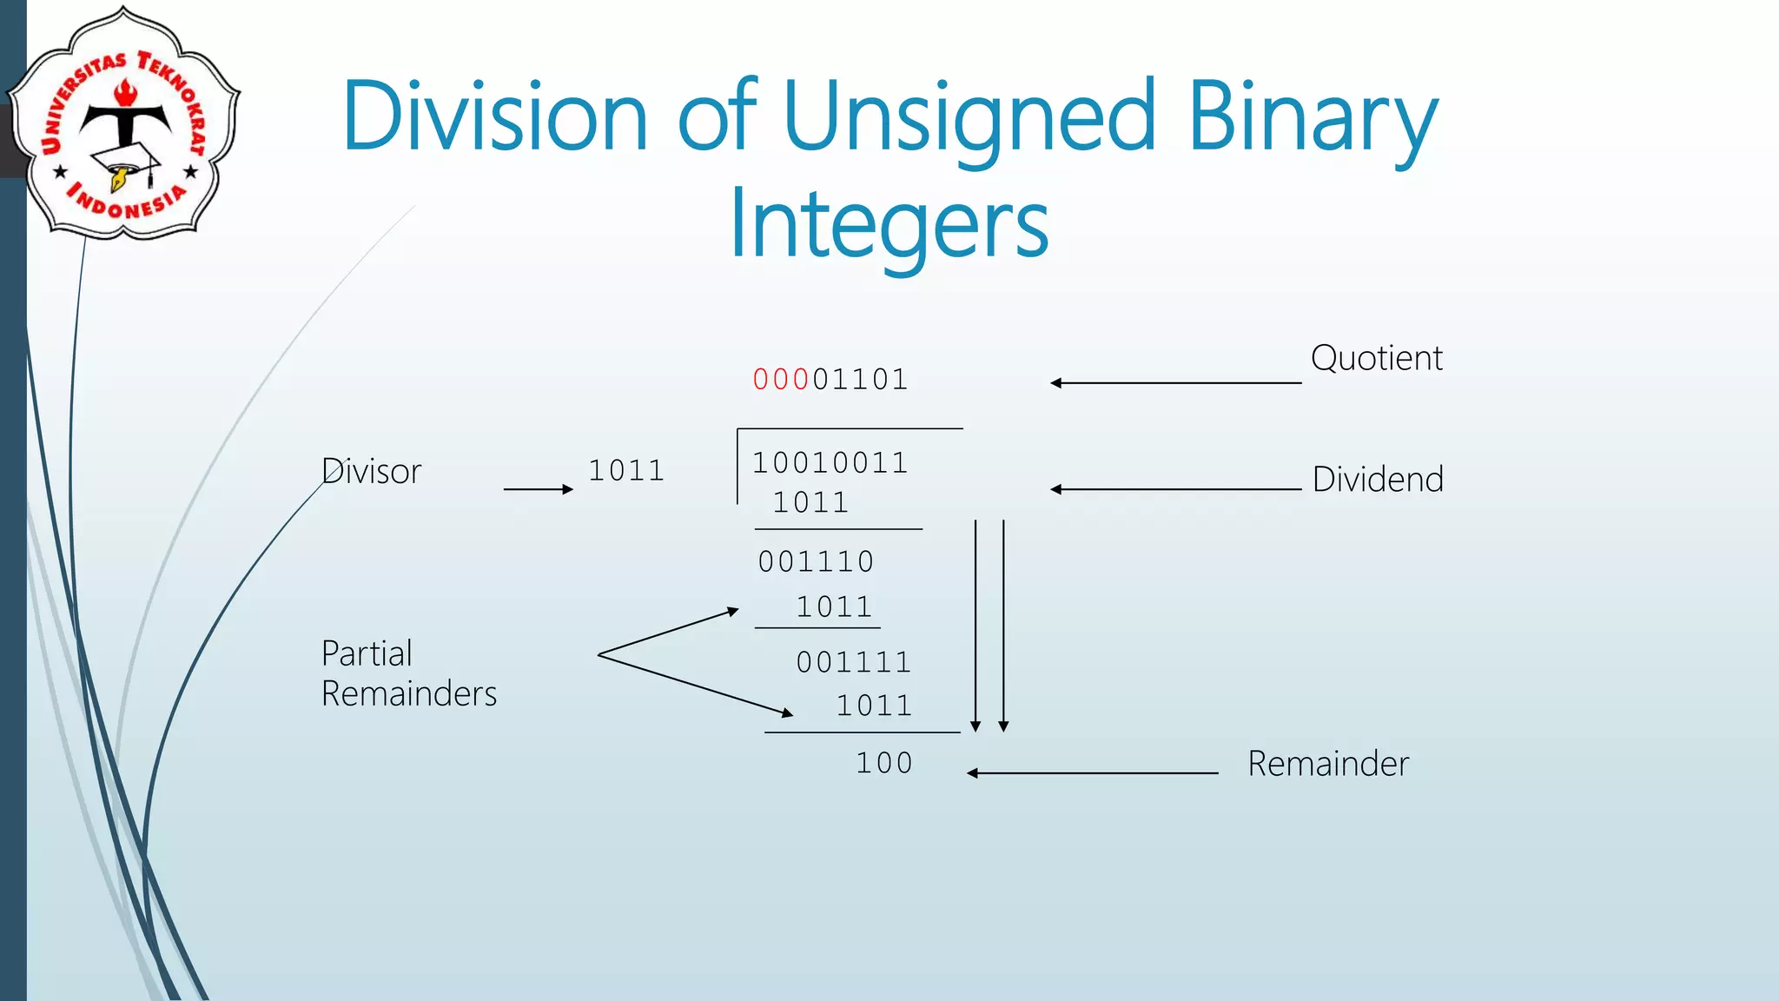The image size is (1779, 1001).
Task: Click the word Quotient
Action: coord(1376,358)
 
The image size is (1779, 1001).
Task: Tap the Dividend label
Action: coord(1378,480)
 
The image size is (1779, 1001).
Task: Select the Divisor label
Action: coord(372,472)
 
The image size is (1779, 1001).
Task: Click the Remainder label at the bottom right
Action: coord(1328,764)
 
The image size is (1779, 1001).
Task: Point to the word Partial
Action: coord(367,653)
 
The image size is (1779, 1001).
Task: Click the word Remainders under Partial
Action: coord(409,694)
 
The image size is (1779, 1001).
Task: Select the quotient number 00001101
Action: coord(830,380)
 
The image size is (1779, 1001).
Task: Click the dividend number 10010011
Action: coord(830,463)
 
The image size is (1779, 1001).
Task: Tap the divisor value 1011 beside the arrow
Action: coord(626,471)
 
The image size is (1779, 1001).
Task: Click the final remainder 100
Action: coord(884,763)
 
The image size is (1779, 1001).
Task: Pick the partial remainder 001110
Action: coord(816,562)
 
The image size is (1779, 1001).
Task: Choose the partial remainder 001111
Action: coord(854,663)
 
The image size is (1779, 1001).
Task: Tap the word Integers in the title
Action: coord(889,224)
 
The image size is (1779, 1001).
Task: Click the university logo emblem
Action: coord(124,124)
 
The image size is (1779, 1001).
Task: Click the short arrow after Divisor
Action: coord(538,489)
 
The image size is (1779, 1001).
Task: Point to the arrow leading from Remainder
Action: coord(1092,772)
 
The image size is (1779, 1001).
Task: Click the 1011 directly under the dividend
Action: coord(810,503)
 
